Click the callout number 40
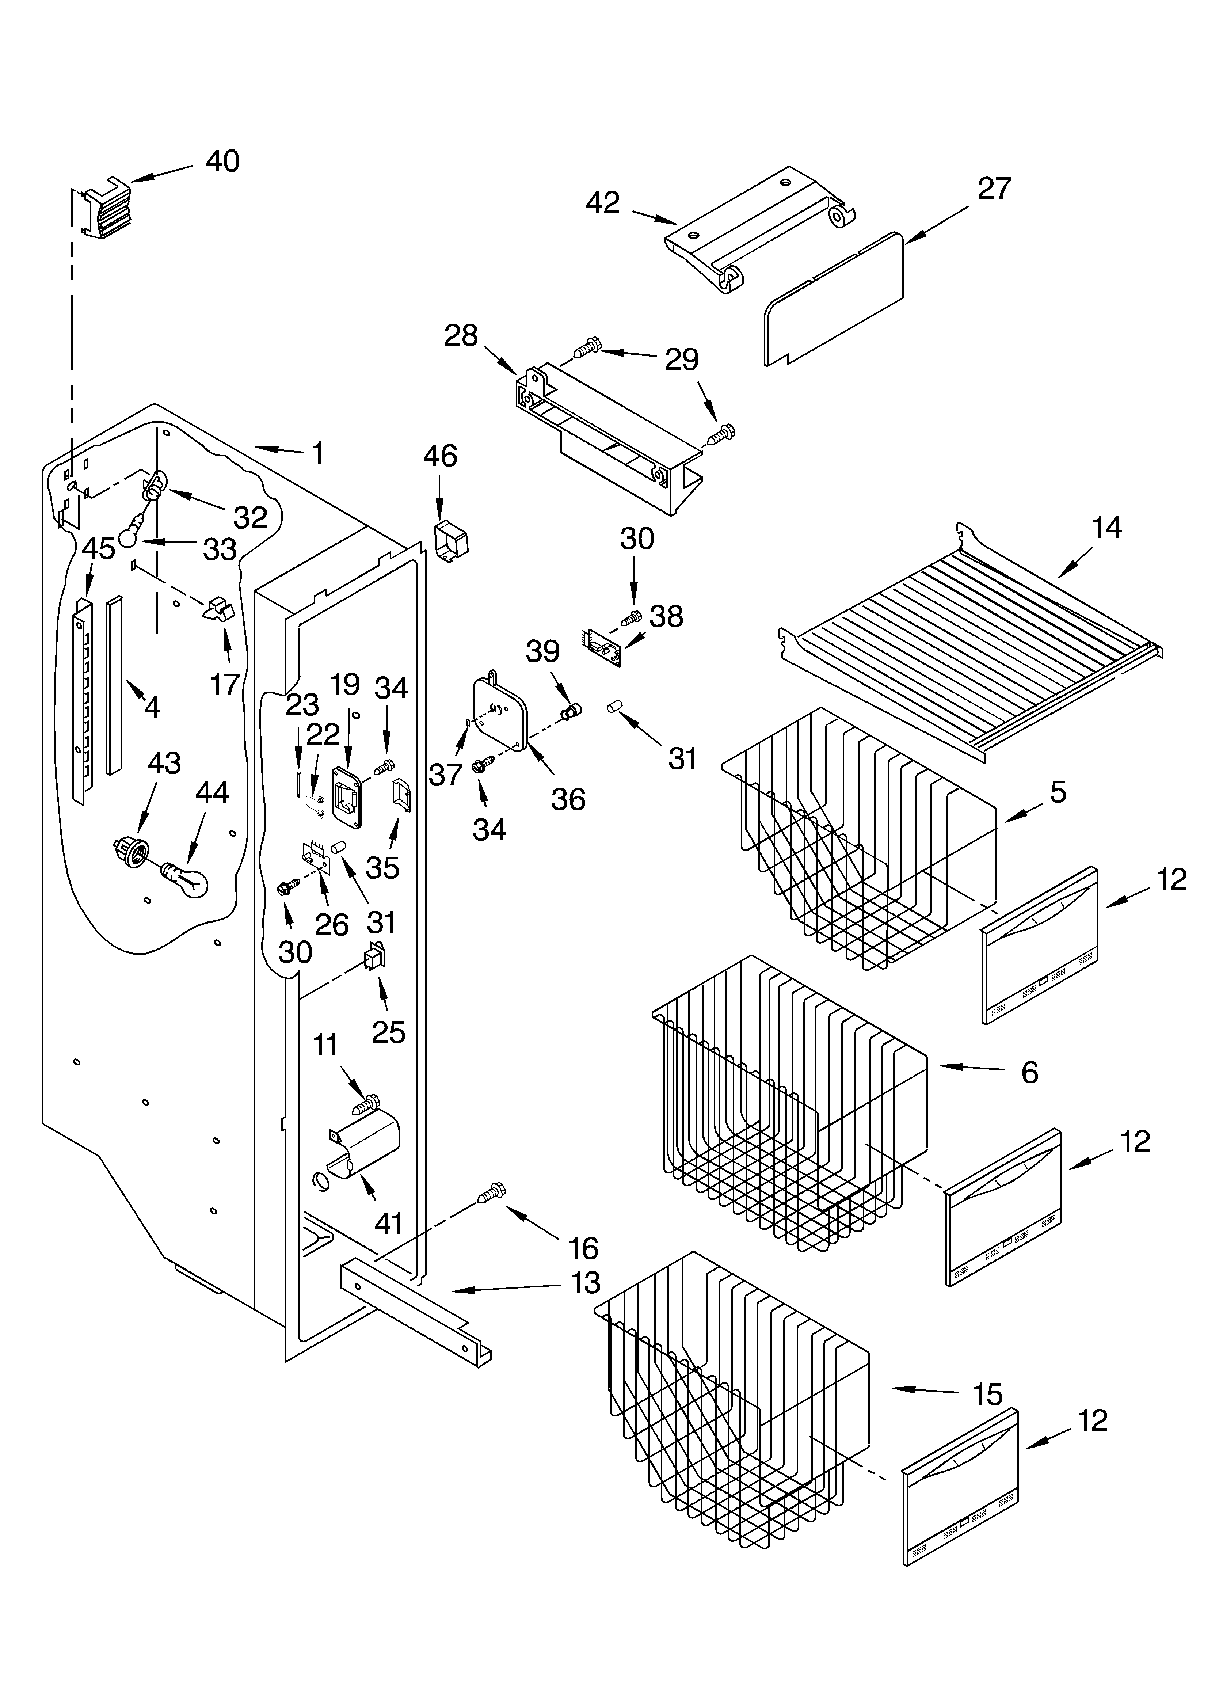click(222, 161)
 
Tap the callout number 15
click(988, 1394)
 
